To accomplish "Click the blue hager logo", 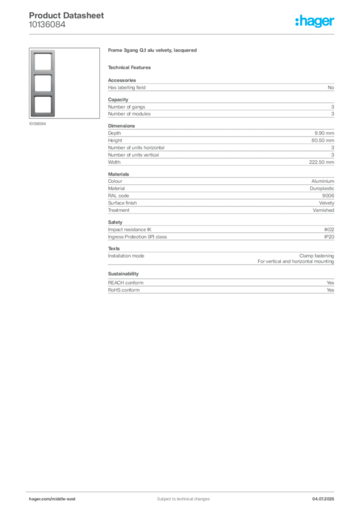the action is (315, 21).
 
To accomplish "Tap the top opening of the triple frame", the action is (43, 61).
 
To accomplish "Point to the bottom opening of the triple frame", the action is (43, 105).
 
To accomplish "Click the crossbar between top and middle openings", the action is (43, 72).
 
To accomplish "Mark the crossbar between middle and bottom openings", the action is (43, 94).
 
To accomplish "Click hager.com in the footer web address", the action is (39, 499).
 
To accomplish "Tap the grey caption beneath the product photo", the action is (38, 124).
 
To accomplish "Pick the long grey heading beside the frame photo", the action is (153, 51).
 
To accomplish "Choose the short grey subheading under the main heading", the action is (131, 67).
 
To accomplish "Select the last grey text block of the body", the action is (220, 283).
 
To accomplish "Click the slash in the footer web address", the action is (51, 499).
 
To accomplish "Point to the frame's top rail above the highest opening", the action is (43, 50).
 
